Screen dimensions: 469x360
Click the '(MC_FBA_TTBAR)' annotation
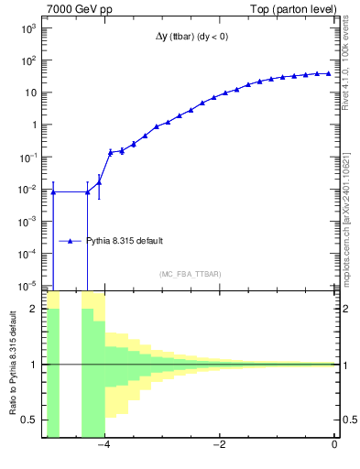tap(190, 274)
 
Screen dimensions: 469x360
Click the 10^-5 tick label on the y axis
tap(27, 286)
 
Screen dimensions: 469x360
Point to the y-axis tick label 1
tap(33, 125)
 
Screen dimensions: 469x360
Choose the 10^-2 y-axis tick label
tap(27, 190)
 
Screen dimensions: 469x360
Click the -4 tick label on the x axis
tap(104, 445)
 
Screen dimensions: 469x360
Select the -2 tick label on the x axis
tap(219, 445)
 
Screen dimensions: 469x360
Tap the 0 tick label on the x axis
tap(334, 445)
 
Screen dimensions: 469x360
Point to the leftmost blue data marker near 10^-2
tap(53, 192)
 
